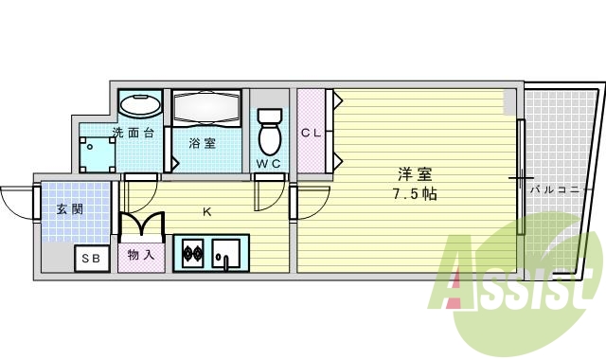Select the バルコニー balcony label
pyautogui.click(x=557, y=189)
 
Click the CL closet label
pyautogui.click(x=312, y=133)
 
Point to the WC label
pyautogui.click(x=269, y=163)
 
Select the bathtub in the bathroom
pyautogui.click(x=206, y=109)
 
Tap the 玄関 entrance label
pyautogui.click(x=68, y=208)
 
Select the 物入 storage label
pyautogui.click(x=141, y=256)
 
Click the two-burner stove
pyautogui.click(x=191, y=253)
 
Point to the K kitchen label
pyautogui.click(x=206, y=212)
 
